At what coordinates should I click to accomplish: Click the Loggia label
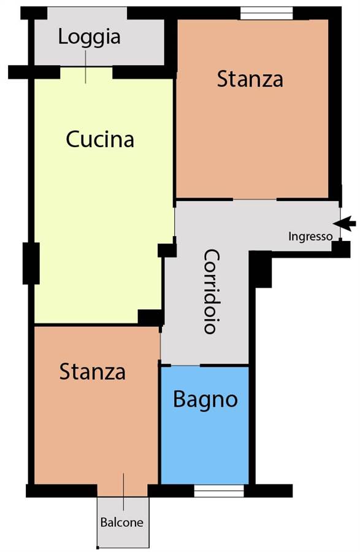90,37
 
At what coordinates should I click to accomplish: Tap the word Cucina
100,139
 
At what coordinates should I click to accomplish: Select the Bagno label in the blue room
205,400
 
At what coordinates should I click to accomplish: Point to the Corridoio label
212,291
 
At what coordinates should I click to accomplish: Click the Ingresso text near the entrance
310,237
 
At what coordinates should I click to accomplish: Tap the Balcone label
122,522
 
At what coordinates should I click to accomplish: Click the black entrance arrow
345,223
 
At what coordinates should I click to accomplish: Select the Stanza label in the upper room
250,79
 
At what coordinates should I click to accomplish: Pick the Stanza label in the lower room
92,372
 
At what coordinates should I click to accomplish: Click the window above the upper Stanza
266,13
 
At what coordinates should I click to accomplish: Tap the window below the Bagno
219,491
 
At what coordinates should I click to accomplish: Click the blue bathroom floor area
205,440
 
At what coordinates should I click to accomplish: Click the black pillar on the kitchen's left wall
31,263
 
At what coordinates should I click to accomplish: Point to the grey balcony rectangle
123,521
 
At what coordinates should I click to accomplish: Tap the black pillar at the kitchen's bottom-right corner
151,318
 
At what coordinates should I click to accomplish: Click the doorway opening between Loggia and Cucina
86,73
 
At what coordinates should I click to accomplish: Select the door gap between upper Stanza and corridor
255,199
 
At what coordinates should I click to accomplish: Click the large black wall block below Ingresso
261,269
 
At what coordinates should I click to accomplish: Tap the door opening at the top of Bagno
185,366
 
